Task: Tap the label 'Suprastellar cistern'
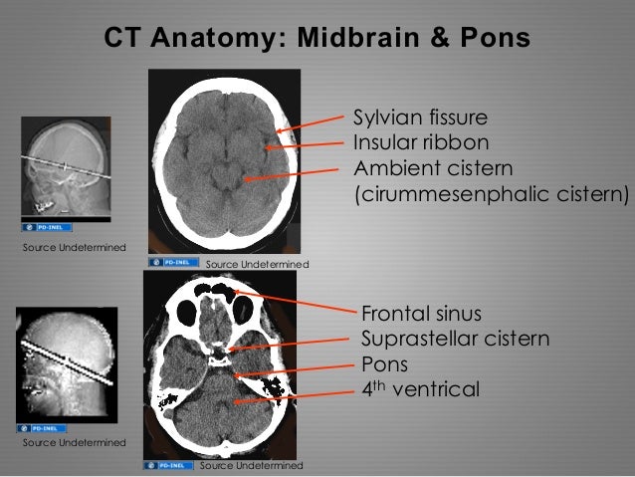(455, 339)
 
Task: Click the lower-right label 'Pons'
(383, 362)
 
